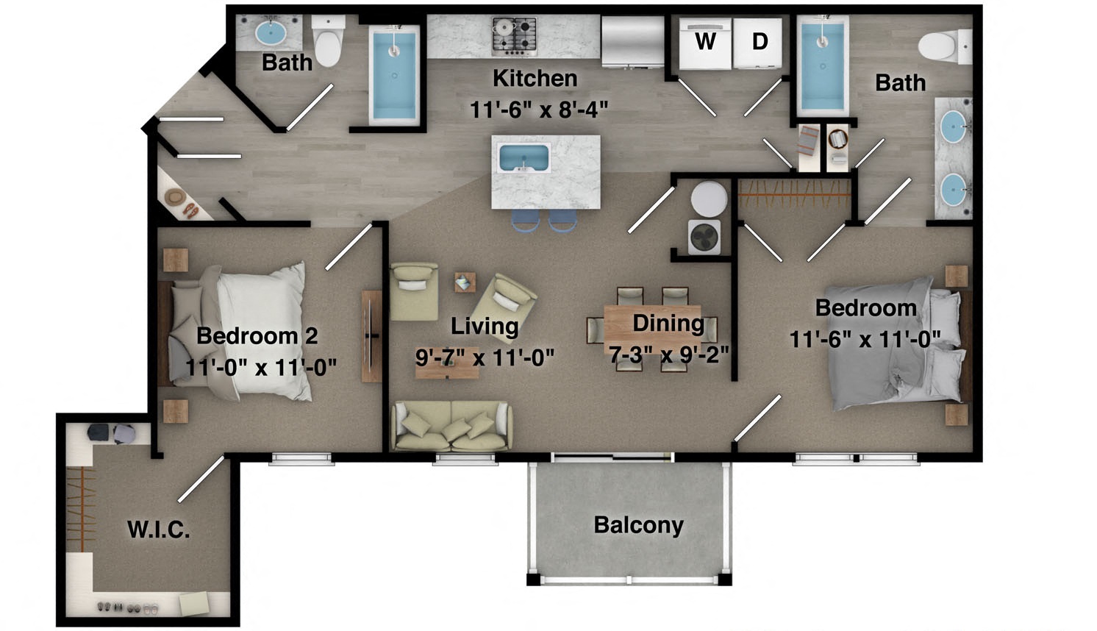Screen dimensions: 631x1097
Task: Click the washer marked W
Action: (x=704, y=44)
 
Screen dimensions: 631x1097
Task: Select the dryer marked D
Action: (x=759, y=44)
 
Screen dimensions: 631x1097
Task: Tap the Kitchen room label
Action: (x=535, y=78)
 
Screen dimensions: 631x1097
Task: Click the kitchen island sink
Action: (x=524, y=157)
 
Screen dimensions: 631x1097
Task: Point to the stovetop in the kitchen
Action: (x=514, y=35)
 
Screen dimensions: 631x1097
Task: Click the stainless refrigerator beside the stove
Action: (x=633, y=41)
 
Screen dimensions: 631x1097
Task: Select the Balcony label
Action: (x=638, y=525)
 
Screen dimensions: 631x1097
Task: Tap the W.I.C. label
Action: (x=159, y=530)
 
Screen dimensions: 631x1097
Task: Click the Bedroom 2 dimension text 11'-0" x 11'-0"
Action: (x=261, y=366)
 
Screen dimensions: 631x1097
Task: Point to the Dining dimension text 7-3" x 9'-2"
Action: (x=668, y=354)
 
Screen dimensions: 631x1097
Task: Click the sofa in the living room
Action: (x=451, y=426)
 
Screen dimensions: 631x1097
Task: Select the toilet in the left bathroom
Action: (x=328, y=41)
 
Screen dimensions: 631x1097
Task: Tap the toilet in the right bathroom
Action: (x=944, y=46)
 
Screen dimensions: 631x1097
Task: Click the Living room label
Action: (x=485, y=326)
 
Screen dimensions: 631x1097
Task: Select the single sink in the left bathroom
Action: (x=270, y=32)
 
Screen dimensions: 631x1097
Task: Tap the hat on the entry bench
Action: (x=175, y=197)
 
